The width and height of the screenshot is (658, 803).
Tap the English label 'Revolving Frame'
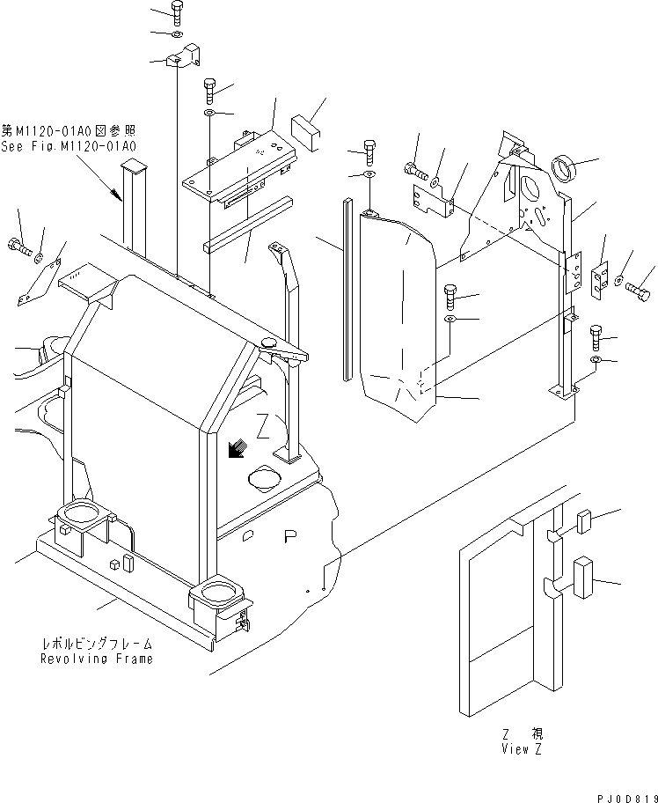[96, 658]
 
